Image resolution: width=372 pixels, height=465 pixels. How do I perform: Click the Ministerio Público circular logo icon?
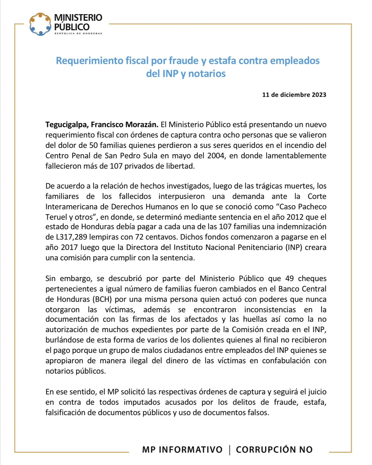40,24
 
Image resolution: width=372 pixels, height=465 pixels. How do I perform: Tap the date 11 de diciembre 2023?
294,95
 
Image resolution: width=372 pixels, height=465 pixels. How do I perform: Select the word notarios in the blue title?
207,74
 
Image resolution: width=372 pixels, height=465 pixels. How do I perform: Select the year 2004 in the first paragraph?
216,155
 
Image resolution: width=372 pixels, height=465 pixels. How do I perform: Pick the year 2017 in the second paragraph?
69,247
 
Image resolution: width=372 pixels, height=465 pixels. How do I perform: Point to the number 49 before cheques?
289,278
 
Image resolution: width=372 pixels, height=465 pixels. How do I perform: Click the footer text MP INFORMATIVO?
182,450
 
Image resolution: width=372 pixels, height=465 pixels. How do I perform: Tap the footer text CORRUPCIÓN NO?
274,450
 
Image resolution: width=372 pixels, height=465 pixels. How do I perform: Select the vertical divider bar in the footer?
230,450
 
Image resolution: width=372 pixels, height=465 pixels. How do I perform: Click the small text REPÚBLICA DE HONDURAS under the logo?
78,33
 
